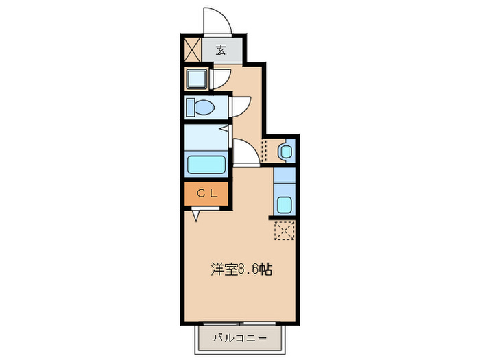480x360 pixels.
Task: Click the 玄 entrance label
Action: coord(221,49)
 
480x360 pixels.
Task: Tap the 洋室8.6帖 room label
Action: coord(241,269)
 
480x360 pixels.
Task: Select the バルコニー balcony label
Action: coord(240,337)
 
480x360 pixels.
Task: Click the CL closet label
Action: coord(208,194)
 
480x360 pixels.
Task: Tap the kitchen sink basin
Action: coord(285,204)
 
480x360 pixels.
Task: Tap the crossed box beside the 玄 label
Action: coord(192,49)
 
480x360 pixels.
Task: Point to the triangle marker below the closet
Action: coord(197,215)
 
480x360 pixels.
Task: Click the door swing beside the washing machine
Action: coord(220,78)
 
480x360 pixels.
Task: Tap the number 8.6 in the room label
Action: coord(247,269)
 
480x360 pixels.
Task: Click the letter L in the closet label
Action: coord(214,194)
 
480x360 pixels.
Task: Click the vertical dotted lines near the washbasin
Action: coord(264,149)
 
